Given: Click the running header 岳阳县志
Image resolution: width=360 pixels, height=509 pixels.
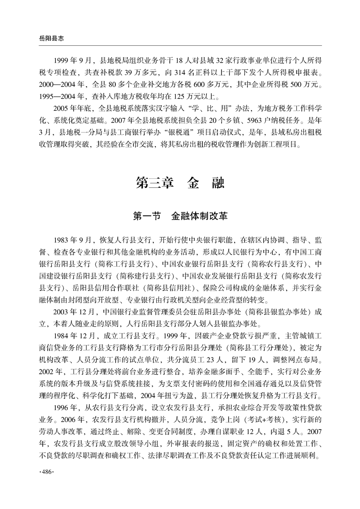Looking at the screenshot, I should (45, 39).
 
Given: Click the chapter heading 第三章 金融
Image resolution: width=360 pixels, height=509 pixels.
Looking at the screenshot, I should (180, 183).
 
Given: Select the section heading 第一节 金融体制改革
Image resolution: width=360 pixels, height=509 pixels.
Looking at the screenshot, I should (180, 216).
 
